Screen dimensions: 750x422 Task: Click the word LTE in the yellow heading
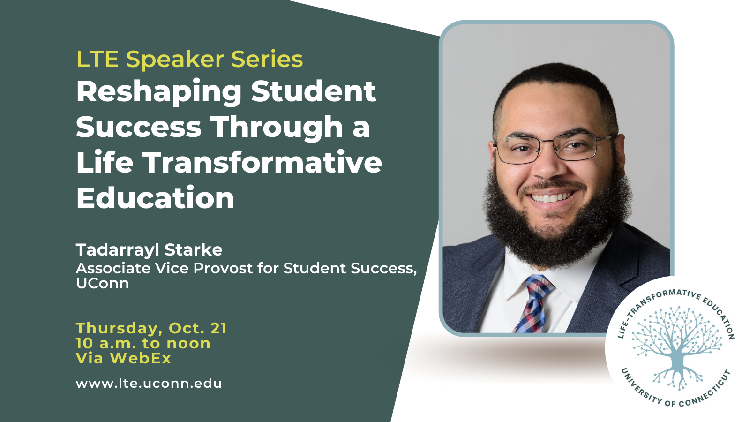pyautogui.click(x=97, y=59)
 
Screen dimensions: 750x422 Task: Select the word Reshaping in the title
pyautogui.click(x=159, y=92)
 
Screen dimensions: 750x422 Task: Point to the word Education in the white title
pyautogui.click(x=155, y=197)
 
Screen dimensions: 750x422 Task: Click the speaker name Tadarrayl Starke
pyautogui.click(x=150, y=250)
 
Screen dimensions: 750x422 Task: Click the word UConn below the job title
pyautogui.click(x=103, y=283)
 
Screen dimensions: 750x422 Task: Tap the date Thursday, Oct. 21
pyautogui.click(x=151, y=328)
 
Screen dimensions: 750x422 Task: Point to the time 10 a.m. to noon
pyautogui.click(x=143, y=343)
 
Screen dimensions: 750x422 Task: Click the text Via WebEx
pyautogui.click(x=124, y=358)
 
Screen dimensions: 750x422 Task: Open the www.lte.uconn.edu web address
pyautogui.click(x=149, y=384)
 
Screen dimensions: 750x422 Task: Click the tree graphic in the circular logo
pyautogui.click(x=676, y=348)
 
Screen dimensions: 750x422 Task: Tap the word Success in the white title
pyautogui.click(x=139, y=127)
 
